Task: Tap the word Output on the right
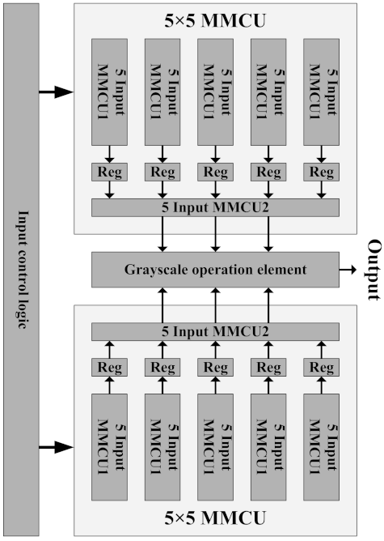pos(373,270)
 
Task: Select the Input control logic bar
pos(20,268)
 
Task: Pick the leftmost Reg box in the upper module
pos(109,173)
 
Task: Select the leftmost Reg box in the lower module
pos(109,367)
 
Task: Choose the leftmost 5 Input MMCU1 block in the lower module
pos(109,449)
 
